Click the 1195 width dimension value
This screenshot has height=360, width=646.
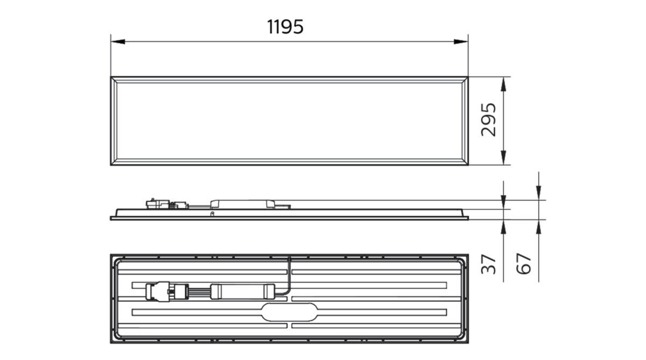(x=285, y=26)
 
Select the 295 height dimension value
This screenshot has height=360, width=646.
(x=488, y=120)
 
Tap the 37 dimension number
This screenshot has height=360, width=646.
(x=488, y=264)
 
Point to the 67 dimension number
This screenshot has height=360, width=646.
(x=523, y=264)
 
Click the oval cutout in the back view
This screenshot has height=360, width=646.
(x=289, y=312)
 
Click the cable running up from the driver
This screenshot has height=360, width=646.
(x=290, y=272)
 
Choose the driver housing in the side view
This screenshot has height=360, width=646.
(x=242, y=202)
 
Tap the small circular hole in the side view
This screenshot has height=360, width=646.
(x=212, y=213)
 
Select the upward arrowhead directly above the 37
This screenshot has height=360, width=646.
(x=503, y=225)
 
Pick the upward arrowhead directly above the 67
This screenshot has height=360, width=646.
(x=538, y=225)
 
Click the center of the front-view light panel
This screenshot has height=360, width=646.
(x=289, y=121)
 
